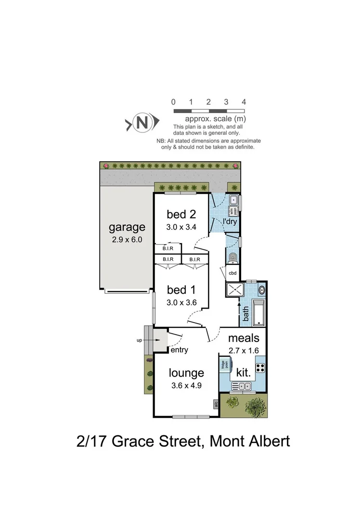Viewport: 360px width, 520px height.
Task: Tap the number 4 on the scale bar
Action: pos(244,102)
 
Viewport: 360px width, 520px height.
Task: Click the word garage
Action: pos(127,227)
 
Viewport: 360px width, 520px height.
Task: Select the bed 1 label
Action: pos(180,290)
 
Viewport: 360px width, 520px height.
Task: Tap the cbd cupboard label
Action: pos(233,273)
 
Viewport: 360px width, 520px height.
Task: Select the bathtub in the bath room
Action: pos(258,312)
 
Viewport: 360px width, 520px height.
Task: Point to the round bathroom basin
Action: pos(262,290)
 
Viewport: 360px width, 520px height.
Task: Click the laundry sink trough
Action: pos(234,200)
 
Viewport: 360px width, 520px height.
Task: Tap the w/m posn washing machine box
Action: pos(233,211)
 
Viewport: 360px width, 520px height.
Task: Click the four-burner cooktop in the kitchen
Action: pos(260,368)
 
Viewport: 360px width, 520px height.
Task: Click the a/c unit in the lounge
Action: pos(216,404)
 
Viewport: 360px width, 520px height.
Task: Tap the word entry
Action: pos(179,350)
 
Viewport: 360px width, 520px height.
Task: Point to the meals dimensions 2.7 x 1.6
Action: pos(244,351)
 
